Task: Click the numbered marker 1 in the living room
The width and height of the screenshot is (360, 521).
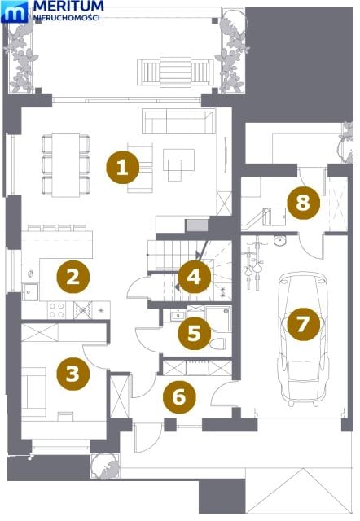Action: tap(122, 167)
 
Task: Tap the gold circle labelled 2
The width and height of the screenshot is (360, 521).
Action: tap(73, 277)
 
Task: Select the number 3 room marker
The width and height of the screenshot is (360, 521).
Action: tap(72, 374)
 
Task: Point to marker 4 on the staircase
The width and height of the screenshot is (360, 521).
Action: tap(195, 277)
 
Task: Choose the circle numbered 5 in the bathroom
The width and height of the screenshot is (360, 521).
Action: tap(195, 333)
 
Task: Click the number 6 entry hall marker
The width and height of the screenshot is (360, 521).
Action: tap(179, 396)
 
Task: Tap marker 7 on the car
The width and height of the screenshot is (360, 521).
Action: tap(303, 324)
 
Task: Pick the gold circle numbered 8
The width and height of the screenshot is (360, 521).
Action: tap(303, 203)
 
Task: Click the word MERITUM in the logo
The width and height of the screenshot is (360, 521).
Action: tap(68, 6)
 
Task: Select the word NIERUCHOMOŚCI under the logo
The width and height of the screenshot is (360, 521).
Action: tap(67, 18)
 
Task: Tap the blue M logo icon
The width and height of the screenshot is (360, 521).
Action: tap(15, 11)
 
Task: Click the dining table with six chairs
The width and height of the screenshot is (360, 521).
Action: tap(65, 164)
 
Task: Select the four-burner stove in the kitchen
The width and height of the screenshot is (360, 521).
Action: tap(56, 310)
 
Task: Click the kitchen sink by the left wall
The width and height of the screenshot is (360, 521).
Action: tap(30, 291)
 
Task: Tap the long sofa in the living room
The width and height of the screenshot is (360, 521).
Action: tap(178, 120)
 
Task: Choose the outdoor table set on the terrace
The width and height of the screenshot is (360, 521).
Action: tap(175, 72)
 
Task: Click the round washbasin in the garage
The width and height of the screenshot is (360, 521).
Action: tap(280, 241)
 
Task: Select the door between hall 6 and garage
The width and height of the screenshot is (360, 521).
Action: tap(223, 393)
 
